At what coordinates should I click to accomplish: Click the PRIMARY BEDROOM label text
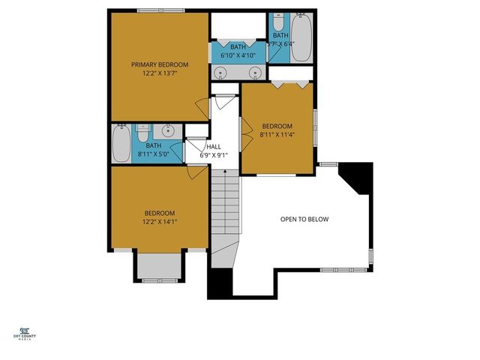tap(159, 64)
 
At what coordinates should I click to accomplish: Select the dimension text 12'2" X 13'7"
tap(159, 73)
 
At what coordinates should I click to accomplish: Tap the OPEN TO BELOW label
tap(304, 219)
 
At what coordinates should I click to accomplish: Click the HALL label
tap(214, 147)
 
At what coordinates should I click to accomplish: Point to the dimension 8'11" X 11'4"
tap(277, 135)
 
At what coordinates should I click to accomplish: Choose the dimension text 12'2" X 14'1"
tap(159, 222)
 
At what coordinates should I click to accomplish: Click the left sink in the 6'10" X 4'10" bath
tap(222, 73)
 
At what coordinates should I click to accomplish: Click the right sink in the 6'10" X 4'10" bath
tap(256, 73)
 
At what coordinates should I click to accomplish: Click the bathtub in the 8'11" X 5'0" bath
tap(121, 144)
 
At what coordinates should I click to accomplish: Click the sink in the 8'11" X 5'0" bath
tap(169, 130)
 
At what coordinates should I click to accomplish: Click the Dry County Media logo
tap(25, 333)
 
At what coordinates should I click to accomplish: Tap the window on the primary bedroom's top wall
tap(158, 10)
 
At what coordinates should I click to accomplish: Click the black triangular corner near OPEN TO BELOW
tap(359, 177)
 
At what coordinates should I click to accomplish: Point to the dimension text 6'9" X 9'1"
tap(214, 156)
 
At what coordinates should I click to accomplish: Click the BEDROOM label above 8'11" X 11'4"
tap(277, 126)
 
